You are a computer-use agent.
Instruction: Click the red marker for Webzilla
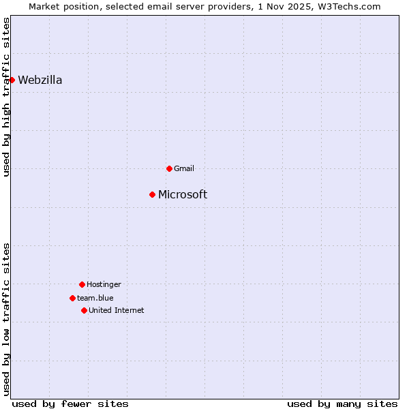tap(12, 80)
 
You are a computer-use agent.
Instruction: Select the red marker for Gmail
tap(169, 168)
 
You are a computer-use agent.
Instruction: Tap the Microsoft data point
tap(152, 194)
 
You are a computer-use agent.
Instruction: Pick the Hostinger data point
tap(82, 284)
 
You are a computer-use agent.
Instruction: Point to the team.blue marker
tap(72, 298)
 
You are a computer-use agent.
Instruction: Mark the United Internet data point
tap(84, 310)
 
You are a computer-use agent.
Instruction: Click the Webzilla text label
tap(40, 80)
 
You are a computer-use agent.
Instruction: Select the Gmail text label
tap(184, 168)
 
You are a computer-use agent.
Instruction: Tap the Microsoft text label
tap(183, 194)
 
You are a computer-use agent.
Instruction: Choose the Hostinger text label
tap(104, 284)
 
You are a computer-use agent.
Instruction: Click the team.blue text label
tap(95, 298)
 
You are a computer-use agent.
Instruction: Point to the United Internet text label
tap(117, 310)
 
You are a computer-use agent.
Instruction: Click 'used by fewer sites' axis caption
tap(70, 404)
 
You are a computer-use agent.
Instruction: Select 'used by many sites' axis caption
tap(342, 404)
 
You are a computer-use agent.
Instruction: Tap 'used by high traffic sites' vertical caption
tap(6, 97)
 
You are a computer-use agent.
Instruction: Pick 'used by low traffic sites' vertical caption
tap(6, 319)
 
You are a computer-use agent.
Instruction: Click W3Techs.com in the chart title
tap(352, 6)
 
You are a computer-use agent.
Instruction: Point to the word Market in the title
tap(44, 6)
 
